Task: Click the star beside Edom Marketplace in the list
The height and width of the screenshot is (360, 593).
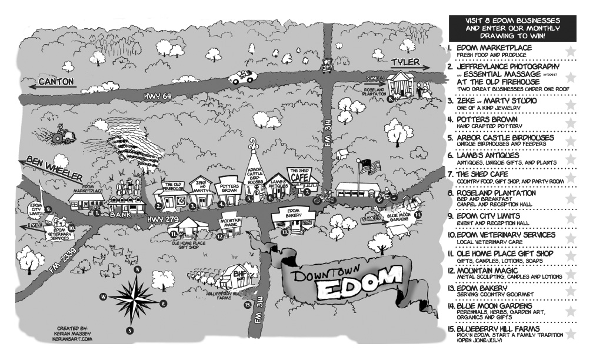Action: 569,51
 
